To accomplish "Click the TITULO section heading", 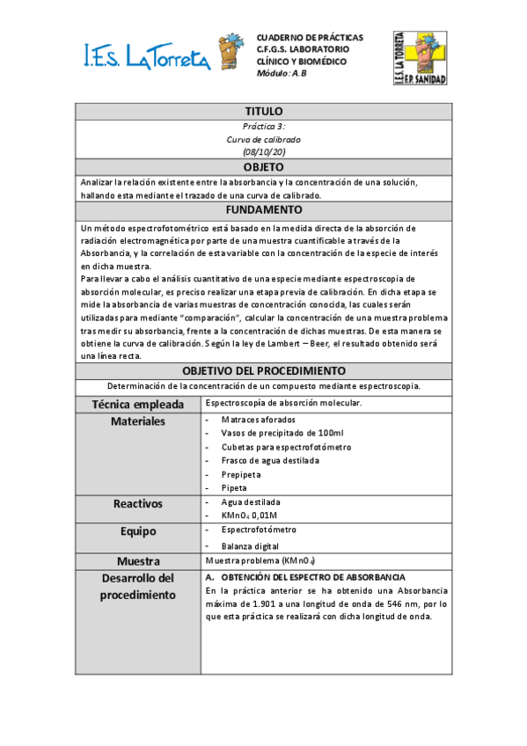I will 263,112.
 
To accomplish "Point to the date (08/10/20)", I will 263,152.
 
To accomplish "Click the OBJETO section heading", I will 263,167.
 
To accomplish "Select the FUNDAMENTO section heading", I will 263,210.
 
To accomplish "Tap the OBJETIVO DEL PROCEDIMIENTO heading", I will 263,371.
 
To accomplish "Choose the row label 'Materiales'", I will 138,421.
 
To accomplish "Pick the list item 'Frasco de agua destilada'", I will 270,460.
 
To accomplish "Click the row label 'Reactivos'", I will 138,504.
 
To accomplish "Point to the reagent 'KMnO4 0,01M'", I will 249,515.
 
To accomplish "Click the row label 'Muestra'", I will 138,561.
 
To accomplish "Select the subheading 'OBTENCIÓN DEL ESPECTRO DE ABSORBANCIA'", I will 311,576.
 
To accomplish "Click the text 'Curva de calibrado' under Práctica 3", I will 263,139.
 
